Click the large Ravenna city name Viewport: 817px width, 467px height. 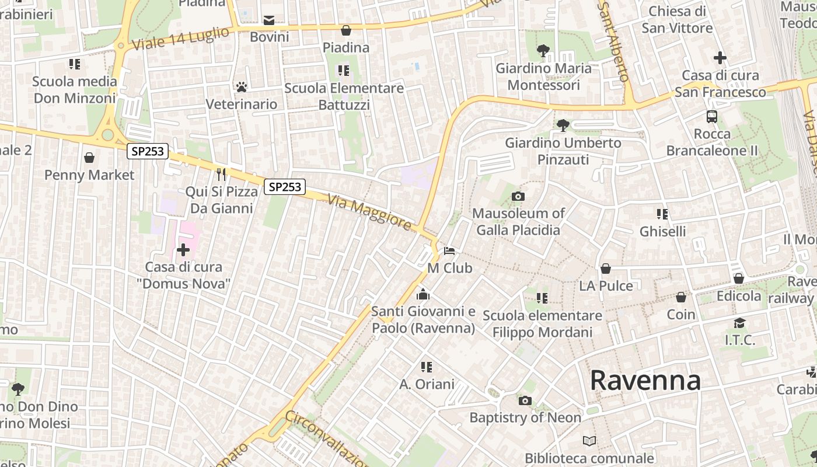click(x=645, y=381)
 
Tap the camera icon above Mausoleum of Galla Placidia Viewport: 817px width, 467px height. click(x=518, y=196)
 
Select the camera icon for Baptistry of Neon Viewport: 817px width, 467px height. click(x=525, y=400)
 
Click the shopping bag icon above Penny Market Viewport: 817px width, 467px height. click(x=89, y=158)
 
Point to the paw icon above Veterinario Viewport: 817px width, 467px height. click(x=241, y=87)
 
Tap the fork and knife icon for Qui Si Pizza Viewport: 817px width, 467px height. click(x=221, y=174)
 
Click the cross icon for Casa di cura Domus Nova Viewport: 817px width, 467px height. click(x=183, y=250)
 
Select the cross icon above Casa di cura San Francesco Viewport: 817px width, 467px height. click(x=720, y=58)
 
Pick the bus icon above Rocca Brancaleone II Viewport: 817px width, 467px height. click(x=711, y=117)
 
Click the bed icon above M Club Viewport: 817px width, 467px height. click(x=449, y=251)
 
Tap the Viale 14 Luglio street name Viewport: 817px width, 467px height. click(x=180, y=39)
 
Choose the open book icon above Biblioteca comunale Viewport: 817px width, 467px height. click(x=589, y=441)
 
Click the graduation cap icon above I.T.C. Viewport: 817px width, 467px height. click(x=739, y=323)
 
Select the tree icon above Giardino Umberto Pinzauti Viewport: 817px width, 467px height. click(x=563, y=125)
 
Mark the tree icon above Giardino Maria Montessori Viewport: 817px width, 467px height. click(x=543, y=51)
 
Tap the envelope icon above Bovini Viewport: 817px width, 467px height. click(x=269, y=20)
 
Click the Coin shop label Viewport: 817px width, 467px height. click(x=681, y=314)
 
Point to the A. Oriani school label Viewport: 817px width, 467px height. click(x=427, y=384)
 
